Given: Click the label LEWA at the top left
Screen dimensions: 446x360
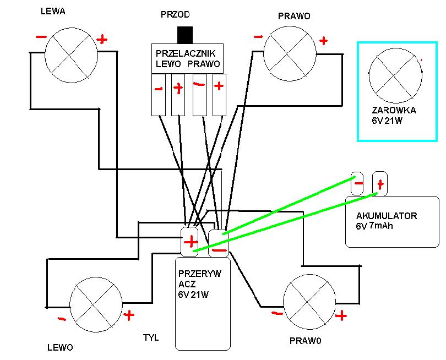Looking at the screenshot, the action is [x=53, y=12].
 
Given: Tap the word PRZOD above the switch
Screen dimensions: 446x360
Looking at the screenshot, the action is [x=175, y=14].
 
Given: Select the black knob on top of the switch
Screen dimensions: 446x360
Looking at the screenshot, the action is [x=185, y=35].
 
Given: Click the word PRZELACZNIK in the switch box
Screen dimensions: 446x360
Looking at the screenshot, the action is [x=186, y=53].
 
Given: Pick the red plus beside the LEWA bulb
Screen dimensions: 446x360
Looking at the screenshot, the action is [x=102, y=40].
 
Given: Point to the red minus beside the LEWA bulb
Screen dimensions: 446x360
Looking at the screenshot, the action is [x=41, y=37].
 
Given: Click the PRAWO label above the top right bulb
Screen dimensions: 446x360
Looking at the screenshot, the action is [x=294, y=16].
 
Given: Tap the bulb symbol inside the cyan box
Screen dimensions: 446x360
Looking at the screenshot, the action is [x=395, y=75].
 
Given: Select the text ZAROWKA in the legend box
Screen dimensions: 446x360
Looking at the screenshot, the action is [x=394, y=110].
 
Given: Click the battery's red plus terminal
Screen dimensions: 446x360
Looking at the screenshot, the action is [x=380, y=184].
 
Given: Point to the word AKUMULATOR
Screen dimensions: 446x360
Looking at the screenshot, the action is [x=387, y=216].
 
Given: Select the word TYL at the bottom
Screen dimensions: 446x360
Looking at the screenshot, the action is [x=151, y=338].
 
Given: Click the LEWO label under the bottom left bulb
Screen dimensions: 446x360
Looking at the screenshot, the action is [x=60, y=347].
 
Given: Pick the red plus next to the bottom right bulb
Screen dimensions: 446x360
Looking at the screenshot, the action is [x=341, y=315].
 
